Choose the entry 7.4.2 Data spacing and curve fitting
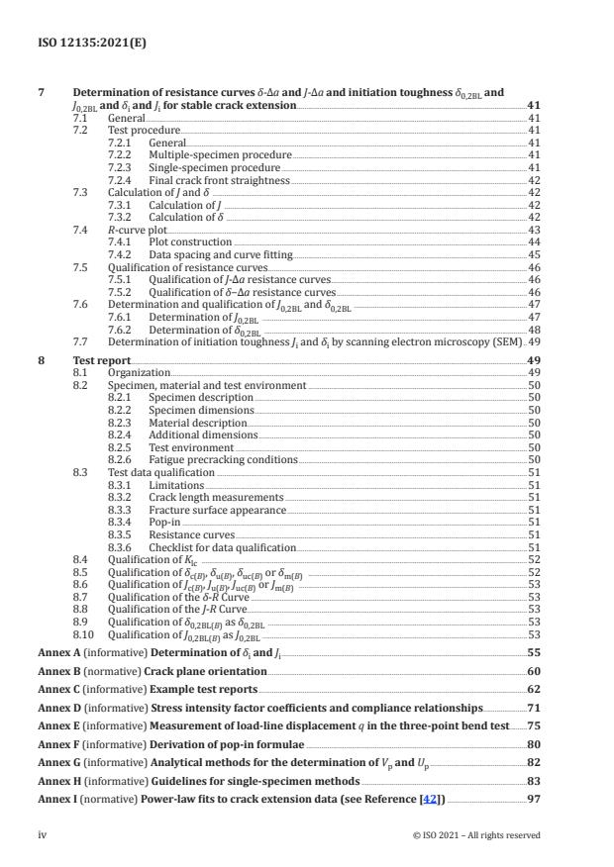[x=220, y=254]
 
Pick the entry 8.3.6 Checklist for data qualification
[x=222, y=547]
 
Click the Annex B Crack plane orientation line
[x=151, y=671]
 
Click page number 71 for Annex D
[x=533, y=708]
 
